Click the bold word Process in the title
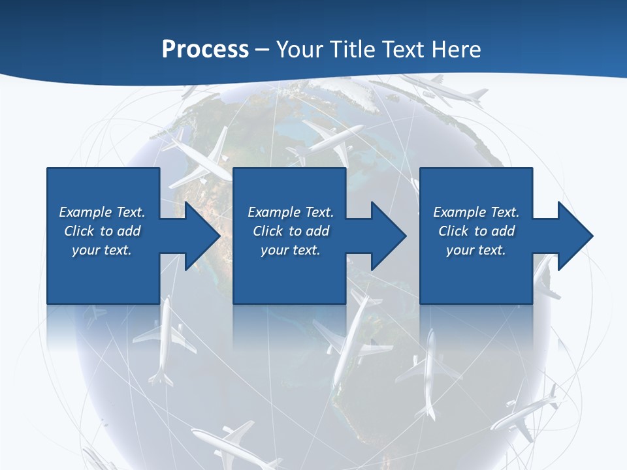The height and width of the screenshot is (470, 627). (x=205, y=50)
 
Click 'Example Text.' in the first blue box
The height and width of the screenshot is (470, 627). (x=102, y=212)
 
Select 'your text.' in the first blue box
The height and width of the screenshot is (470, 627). (x=102, y=250)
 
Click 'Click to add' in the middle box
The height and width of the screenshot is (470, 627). (x=291, y=231)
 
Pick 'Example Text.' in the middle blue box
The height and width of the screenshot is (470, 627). (x=291, y=212)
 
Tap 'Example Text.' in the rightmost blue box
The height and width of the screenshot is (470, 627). (x=476, y=212)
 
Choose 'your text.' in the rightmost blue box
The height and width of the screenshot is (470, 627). (x=476, y=250)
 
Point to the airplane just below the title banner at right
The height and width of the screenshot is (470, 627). (x=451, y=90)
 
